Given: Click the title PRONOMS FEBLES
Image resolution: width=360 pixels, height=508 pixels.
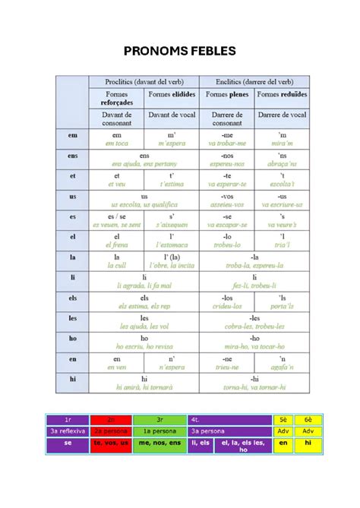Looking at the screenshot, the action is (x=180, y=51).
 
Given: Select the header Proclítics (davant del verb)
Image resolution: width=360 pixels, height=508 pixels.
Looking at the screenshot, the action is (x=144, y=82).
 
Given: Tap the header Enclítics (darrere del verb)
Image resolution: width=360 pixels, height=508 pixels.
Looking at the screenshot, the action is (x=254, y=82).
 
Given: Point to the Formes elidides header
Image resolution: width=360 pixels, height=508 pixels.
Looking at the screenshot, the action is (x=172, y=95).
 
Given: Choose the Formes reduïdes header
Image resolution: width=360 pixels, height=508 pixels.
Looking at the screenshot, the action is (x=283, y=95).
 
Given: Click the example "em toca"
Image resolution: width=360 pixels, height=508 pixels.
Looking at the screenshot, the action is (x=117, y=143).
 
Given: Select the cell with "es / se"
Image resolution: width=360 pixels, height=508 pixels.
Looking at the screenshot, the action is (x=117, y=216).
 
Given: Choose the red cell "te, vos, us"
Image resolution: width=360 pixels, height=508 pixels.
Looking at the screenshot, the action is (x=111, y=443).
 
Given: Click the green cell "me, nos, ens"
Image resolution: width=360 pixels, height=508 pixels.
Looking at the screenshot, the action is (x=159, y=443).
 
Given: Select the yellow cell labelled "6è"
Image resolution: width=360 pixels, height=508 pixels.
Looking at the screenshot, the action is (x=308, y=419).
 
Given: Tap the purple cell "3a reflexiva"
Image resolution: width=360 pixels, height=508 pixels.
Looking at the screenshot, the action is (x=68, y=431).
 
